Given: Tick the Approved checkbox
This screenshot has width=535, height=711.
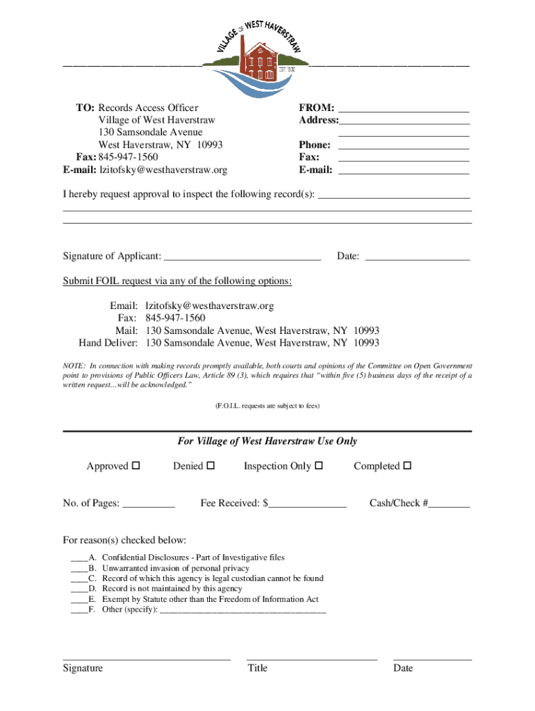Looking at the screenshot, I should click(x=136, y=465).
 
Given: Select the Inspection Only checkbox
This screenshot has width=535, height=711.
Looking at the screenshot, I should click(x=319, y=465).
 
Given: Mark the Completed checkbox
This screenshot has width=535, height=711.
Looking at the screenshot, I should click(x=408, y=465).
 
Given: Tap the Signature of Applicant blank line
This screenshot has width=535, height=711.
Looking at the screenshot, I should click(x=242, y=257).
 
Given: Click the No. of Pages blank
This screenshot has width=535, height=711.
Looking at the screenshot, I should click(x=148, y=503).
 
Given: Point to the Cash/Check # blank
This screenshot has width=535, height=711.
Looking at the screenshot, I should click(x=449, y=503).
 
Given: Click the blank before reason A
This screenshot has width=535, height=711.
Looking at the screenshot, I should click(x=79, y=558).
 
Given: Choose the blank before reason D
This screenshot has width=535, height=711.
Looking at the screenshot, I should click(x=79, y=589).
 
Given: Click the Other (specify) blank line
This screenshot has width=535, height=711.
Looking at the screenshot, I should click(x=242, y=610).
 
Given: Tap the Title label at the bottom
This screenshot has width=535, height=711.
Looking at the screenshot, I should click(x=257, y=668).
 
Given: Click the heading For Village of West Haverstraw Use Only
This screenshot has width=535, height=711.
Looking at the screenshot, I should click(x=267, y=442).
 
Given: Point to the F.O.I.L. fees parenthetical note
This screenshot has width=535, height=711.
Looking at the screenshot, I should click(x=267, y=405).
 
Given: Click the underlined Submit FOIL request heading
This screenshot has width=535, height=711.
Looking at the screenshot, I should click(x=178, y=281).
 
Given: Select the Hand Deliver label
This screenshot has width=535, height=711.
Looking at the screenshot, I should click(x=108, y=343).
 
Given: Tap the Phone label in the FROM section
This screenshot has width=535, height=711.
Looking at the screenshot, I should click(x=315, y=145).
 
